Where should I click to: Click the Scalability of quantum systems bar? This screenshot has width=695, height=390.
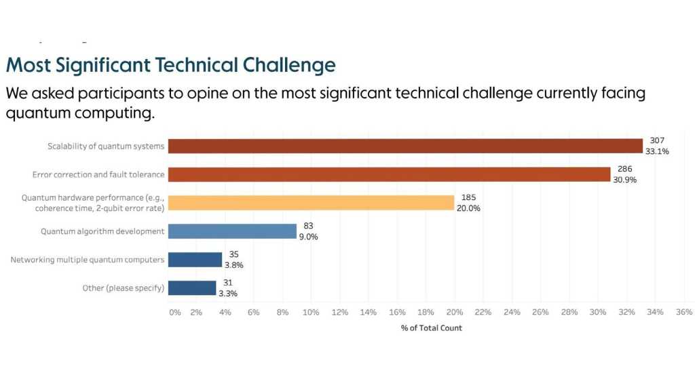[x=405, y=146]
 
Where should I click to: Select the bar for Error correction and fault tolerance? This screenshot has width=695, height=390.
[x=389, y=174]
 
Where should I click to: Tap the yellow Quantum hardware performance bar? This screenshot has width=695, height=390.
[x=311, y=203]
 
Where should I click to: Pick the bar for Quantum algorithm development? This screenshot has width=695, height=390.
[x=232, y=231]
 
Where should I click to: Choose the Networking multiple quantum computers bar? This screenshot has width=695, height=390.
[x=195, y=260]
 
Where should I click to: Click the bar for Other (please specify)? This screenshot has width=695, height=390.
[x=192, y=288]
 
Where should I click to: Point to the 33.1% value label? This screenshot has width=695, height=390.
[x=657, y=151]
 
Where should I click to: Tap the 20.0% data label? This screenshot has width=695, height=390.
[x=468, y=208]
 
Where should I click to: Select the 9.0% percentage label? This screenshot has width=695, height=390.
[x=308, y=237]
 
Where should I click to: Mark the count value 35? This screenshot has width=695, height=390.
[x=233, y=254]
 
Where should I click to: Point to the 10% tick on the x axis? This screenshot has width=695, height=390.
[x=311, y=312]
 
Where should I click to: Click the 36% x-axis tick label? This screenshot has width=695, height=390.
[x=683, y=312]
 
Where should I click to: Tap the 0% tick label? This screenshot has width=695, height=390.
[x=175, y=312]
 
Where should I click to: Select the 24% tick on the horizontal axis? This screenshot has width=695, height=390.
[x=512, y=312]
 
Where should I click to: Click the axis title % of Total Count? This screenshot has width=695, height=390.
[x=432, y=328]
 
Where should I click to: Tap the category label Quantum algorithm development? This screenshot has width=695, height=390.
[x=102, y=231]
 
